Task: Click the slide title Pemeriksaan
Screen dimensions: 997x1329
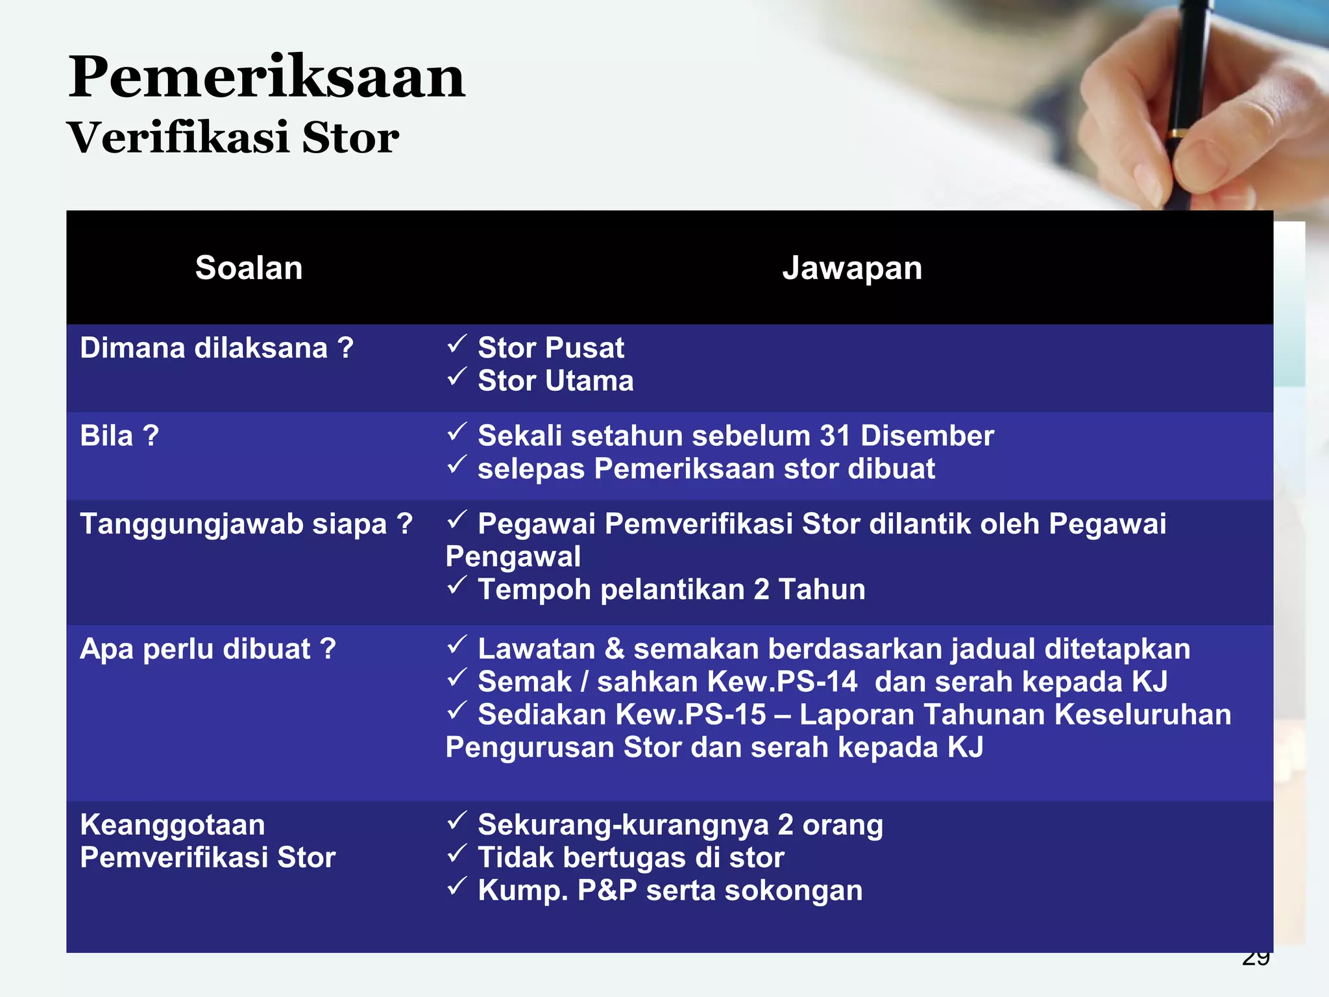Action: pyautogui.click(x=267, y=78)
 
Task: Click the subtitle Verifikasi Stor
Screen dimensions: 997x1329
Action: pyautogui.click(x=233, y=138)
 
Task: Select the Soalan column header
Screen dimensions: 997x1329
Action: pyautogui.click(x=249, y=268)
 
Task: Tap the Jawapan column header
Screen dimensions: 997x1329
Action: pyautogui.click(x=852, y=268)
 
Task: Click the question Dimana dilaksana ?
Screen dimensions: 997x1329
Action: pyautogui.click(x=217, y=349)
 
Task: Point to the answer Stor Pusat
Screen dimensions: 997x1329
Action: pyautogui.click(x=550, y=349)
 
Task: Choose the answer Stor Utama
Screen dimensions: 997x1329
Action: pyautogui.click(x=555, y=381)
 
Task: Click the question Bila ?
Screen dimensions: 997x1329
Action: pyautogui.click(x=119, y=436)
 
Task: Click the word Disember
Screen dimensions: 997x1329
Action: pyautogui.click(x=927, y=436)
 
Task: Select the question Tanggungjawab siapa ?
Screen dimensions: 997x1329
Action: pyautogui.click(x=246, y=524)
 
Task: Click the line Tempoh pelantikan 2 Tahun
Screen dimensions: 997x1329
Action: pyautogui.click(x=671, y=590)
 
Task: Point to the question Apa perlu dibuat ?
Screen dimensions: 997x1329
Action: pyautogui.click(x=208, y=649)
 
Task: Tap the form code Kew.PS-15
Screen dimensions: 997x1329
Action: pyautogui.click(x=690, y=715)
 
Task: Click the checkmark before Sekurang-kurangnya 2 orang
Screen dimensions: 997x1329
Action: pyautogui.click(x=457, y=821)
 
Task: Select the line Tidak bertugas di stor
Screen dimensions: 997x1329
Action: pyautogui.click(x=631, y=858)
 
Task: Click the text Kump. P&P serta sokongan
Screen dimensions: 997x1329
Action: pyautogui.click(x=670, y=891)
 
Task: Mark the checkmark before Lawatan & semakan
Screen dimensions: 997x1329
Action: pyautogui.click(x=457, y=645)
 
